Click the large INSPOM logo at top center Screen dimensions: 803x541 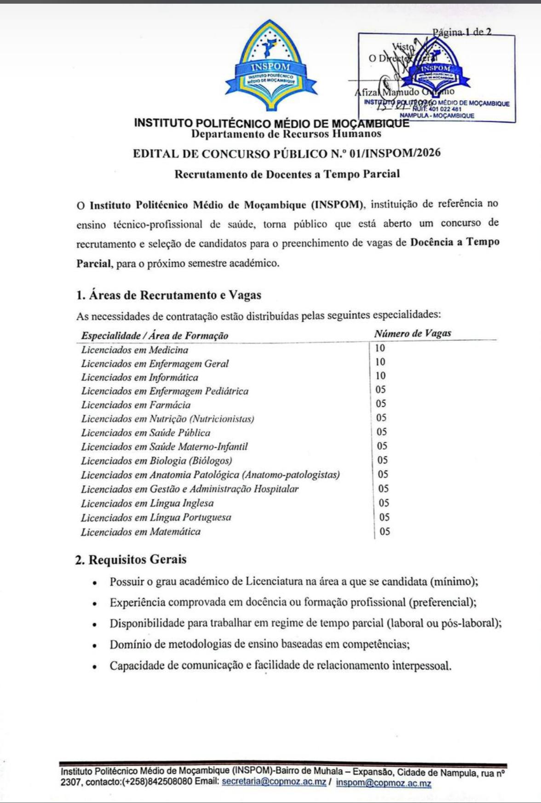270,66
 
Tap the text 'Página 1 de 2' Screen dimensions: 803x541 461,32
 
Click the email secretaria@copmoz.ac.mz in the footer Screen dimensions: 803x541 274,782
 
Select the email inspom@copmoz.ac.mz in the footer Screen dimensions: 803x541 383,783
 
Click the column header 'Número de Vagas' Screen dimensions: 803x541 412,333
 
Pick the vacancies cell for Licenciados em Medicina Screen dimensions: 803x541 380,348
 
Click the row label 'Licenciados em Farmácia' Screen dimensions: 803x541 136,405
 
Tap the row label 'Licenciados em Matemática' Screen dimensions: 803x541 141,532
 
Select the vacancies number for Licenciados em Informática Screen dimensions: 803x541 380,376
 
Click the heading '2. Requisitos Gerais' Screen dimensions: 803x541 131,560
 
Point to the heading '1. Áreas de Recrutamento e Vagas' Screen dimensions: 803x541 168,295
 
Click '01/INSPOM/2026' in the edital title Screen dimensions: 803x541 395,153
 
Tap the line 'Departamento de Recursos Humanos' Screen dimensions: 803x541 286,134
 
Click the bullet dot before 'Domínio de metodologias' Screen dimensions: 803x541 94,645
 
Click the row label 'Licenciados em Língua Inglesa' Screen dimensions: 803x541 147,503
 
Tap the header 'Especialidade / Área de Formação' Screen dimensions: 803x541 155,336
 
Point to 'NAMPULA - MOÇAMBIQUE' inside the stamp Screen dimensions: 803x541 437,116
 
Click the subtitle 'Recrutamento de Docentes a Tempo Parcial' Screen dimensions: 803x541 287,174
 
